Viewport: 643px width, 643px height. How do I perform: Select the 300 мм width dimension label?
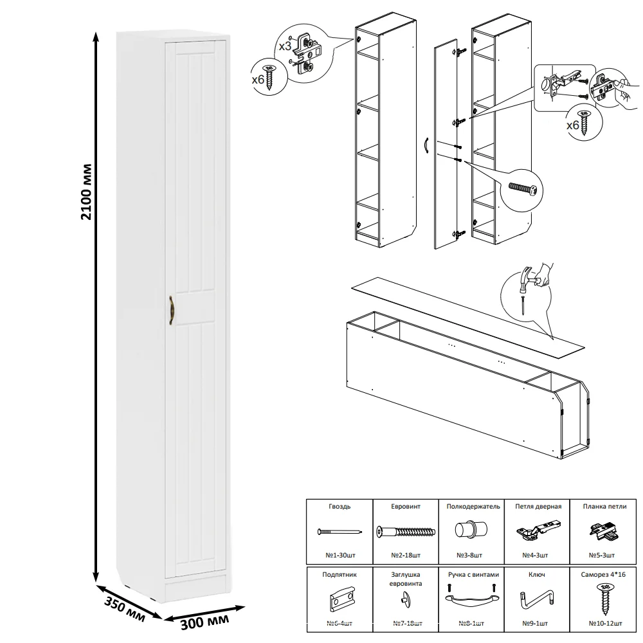(204, 620)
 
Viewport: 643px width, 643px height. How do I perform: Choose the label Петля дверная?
(539, 507)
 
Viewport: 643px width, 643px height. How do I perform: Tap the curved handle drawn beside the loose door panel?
(426, 146)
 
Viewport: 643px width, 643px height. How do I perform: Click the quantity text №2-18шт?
(405, 554)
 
